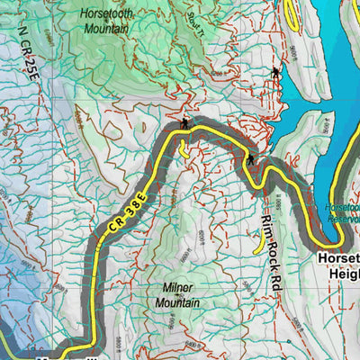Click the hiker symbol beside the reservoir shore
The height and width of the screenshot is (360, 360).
273,71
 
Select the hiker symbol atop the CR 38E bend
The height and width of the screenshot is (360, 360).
184,123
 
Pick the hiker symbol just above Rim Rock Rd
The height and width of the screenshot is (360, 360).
251,160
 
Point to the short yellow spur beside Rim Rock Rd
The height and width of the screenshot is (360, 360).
259,241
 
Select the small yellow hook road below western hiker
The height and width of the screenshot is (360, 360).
184,150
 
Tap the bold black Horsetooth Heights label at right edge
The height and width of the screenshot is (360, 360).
337,265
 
